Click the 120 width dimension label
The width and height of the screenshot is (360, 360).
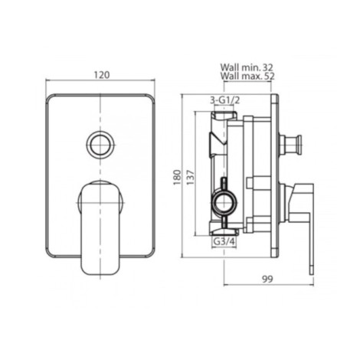click(x=102, y=75)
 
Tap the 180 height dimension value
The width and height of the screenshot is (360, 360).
click(x=177, y=177)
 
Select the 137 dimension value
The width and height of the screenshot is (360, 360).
click(x=191, y=177)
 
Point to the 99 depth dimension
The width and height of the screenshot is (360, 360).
click(x=267, y=279)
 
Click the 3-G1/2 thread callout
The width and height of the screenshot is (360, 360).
click(x=224, y=100)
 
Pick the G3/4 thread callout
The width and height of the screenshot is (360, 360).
click(x=224, y=241)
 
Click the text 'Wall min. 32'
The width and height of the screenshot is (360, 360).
click(x=247, y=67)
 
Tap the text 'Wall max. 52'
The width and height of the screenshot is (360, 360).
click(x=247, y=76)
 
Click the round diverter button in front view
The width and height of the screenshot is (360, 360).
click(x=100, y=143)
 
